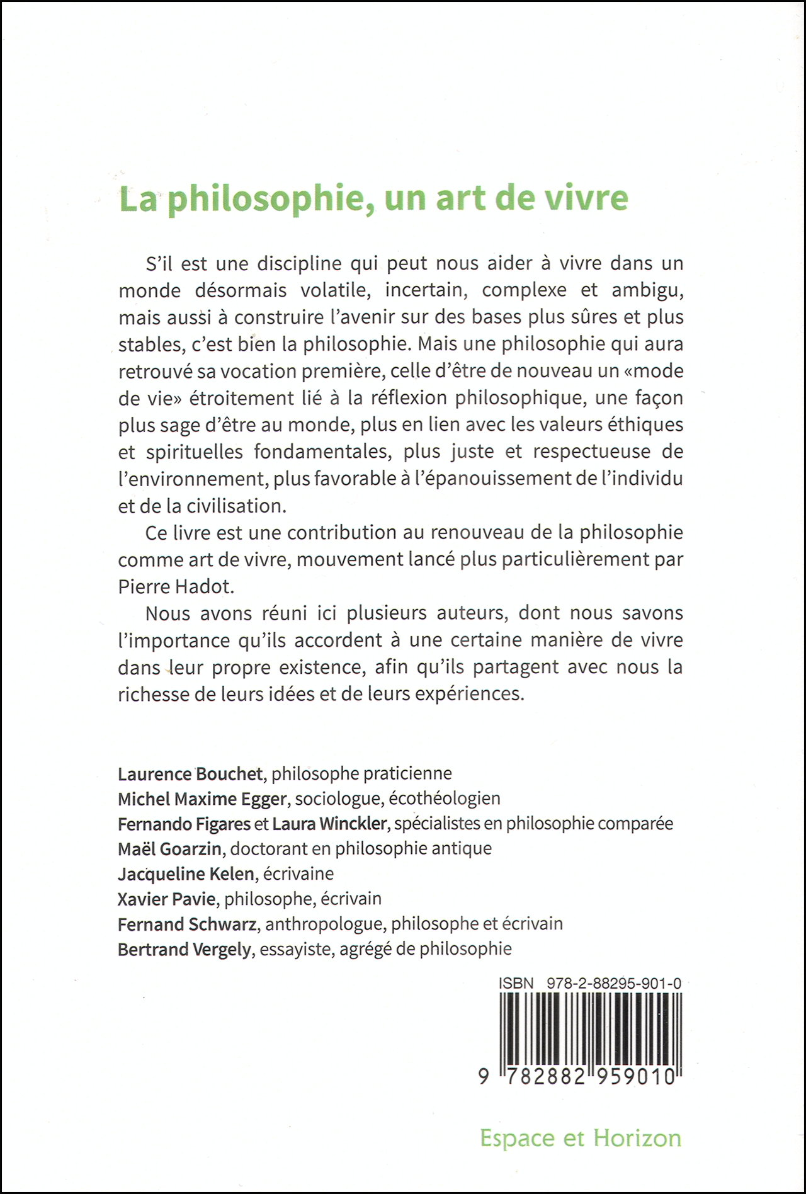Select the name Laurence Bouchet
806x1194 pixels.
point(190,773)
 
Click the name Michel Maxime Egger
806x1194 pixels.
point(202,799)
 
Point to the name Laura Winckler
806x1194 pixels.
point(329,824)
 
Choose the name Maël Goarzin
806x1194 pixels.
point(169,849)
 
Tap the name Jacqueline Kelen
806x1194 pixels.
point(186,874)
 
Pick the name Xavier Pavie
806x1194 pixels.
point(166,899)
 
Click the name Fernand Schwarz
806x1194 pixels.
point(187,924)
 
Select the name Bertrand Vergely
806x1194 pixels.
point(184,949)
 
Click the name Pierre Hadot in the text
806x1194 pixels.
point(176,586)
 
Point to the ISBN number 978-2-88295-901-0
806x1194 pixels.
point(614,983)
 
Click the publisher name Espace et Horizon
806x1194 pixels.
point(581,1139)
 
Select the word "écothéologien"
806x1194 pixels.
point(444,799)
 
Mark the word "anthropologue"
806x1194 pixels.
point(324,924)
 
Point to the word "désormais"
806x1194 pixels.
point(241,290)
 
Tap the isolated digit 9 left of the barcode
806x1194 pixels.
point(484,1076)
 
